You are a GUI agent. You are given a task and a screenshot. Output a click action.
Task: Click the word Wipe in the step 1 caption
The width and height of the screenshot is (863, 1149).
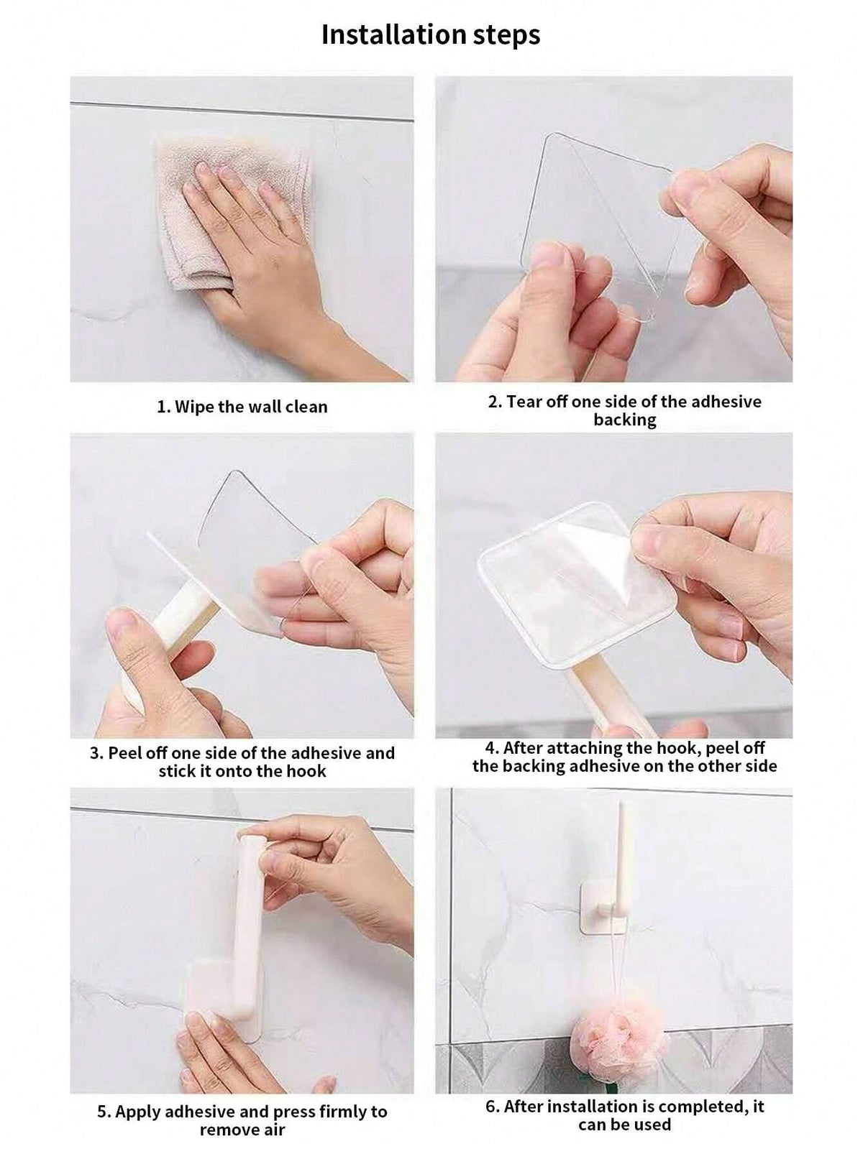coord(194,407)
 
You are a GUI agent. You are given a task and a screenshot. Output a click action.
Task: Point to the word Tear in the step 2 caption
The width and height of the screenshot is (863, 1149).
coord(525,402)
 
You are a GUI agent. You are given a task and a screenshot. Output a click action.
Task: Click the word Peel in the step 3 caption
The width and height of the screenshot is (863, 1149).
coord(125,753)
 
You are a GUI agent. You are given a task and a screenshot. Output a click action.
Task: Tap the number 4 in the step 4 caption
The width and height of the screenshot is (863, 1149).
coord(491,749)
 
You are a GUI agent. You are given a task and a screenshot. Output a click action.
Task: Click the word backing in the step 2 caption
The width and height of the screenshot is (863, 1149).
coord(625,420)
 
